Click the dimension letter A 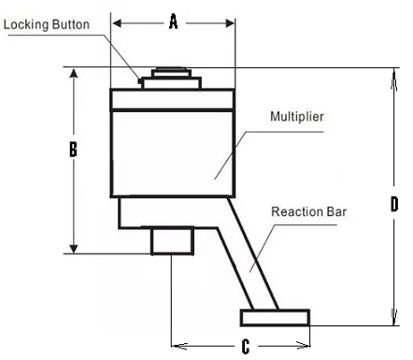[x=174, y=22]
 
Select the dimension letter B [x=73, y=149]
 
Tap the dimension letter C [x=246, y=346]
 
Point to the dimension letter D [x=394, y=204]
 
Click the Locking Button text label [x=47, y=24]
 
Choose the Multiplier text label [x=297, y=117]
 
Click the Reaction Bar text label [x=308, y=211]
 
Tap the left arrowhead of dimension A [x=117, y=23]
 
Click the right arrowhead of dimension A [x=230, y=23]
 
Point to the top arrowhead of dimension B [x=74, y=73]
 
